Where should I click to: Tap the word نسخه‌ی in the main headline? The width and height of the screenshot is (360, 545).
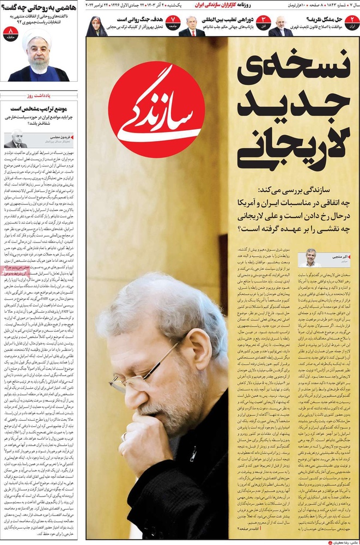coord(294,69)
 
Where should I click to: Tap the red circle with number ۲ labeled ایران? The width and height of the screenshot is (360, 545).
coord(352,22)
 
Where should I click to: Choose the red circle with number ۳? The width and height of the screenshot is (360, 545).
coord(263,22)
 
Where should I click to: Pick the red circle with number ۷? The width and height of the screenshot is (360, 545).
coord(172,22)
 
